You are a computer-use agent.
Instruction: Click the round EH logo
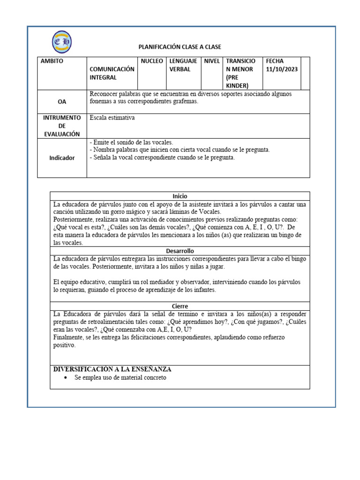(x=61, y=42)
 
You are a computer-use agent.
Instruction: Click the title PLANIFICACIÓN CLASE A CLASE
(x=180, y=47)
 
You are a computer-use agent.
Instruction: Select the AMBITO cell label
(x=52, y=61)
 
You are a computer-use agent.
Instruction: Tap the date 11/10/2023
(x=281, y=69)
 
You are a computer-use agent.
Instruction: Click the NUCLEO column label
(x=152, y=61)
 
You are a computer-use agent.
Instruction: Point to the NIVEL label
(x=212, y=61)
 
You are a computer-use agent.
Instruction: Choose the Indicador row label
(x=62, y=158)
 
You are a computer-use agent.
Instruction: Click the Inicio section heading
(x=180, y=196)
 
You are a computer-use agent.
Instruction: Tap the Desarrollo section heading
(x=180, y=251)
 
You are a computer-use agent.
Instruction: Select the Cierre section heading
(x=180, y=306)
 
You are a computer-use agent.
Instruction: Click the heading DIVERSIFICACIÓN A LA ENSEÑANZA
(x=112, y=369)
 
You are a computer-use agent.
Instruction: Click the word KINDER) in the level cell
(x=238, y=85)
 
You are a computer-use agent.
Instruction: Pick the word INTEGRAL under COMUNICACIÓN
(x=104, y=77)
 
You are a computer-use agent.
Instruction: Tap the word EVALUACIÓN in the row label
(x=62, y=134)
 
